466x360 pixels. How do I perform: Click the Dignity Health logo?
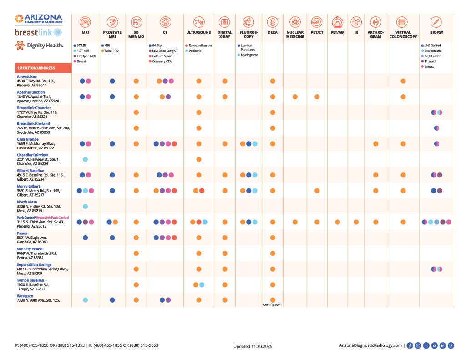point(39,45)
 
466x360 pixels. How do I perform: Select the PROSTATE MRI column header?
point(112,35)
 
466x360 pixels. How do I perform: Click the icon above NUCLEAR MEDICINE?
point(295,22)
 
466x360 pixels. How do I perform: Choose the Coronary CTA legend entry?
point(160,61)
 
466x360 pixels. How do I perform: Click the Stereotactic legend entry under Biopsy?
point(434,51)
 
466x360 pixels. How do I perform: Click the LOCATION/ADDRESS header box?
point(43,68)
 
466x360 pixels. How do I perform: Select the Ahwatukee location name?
point(27,77)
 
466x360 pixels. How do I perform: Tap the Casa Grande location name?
point(28,139)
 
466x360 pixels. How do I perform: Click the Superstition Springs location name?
point(34,264)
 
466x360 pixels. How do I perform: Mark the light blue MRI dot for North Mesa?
point(86,206)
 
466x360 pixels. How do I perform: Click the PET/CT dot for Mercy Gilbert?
point(317,191)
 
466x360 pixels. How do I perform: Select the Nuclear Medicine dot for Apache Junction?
point(295,96)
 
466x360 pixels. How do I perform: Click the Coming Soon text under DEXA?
point(273,304)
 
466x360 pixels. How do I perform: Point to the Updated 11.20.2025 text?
point(253,346)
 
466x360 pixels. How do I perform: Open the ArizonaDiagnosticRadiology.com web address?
point(370,345)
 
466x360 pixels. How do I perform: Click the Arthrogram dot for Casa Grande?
point(375,144)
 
